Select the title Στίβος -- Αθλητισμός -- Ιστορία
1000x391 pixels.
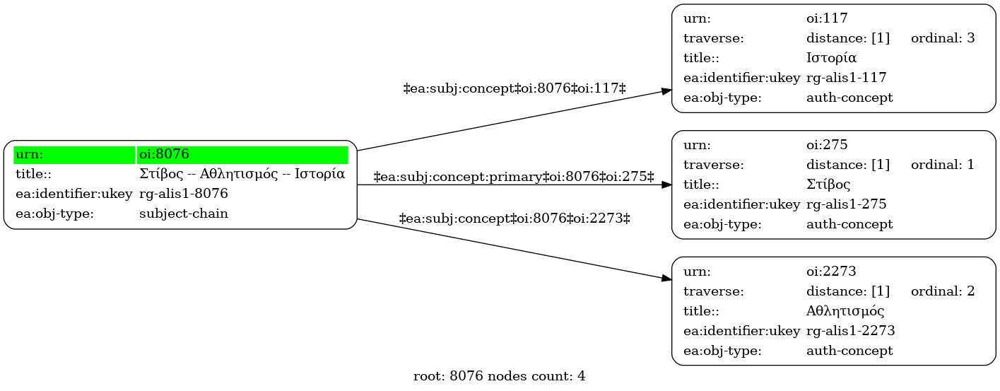point(242,174)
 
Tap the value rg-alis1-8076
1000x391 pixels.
point(184,194)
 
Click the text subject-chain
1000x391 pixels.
point(184,214)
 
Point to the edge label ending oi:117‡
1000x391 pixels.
point(514,88)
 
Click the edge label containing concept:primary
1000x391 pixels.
point(513,177)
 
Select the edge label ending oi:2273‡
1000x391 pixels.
point(514,218)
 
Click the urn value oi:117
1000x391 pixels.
point(827,18)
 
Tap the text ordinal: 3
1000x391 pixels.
point(943,38)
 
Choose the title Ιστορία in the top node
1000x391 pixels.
point(831,58)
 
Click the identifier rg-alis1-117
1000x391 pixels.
point(847,78)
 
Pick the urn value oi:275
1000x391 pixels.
point(827,145)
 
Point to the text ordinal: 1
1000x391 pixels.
point(943,165)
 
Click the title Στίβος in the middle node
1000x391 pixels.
point(828,185)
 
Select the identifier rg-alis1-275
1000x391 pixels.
point(847,204)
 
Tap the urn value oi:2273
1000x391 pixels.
point(831,272)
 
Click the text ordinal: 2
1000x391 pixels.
point(943,291)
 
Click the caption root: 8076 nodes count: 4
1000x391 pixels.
point(499,376)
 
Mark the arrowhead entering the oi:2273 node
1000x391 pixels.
point(666,279)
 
